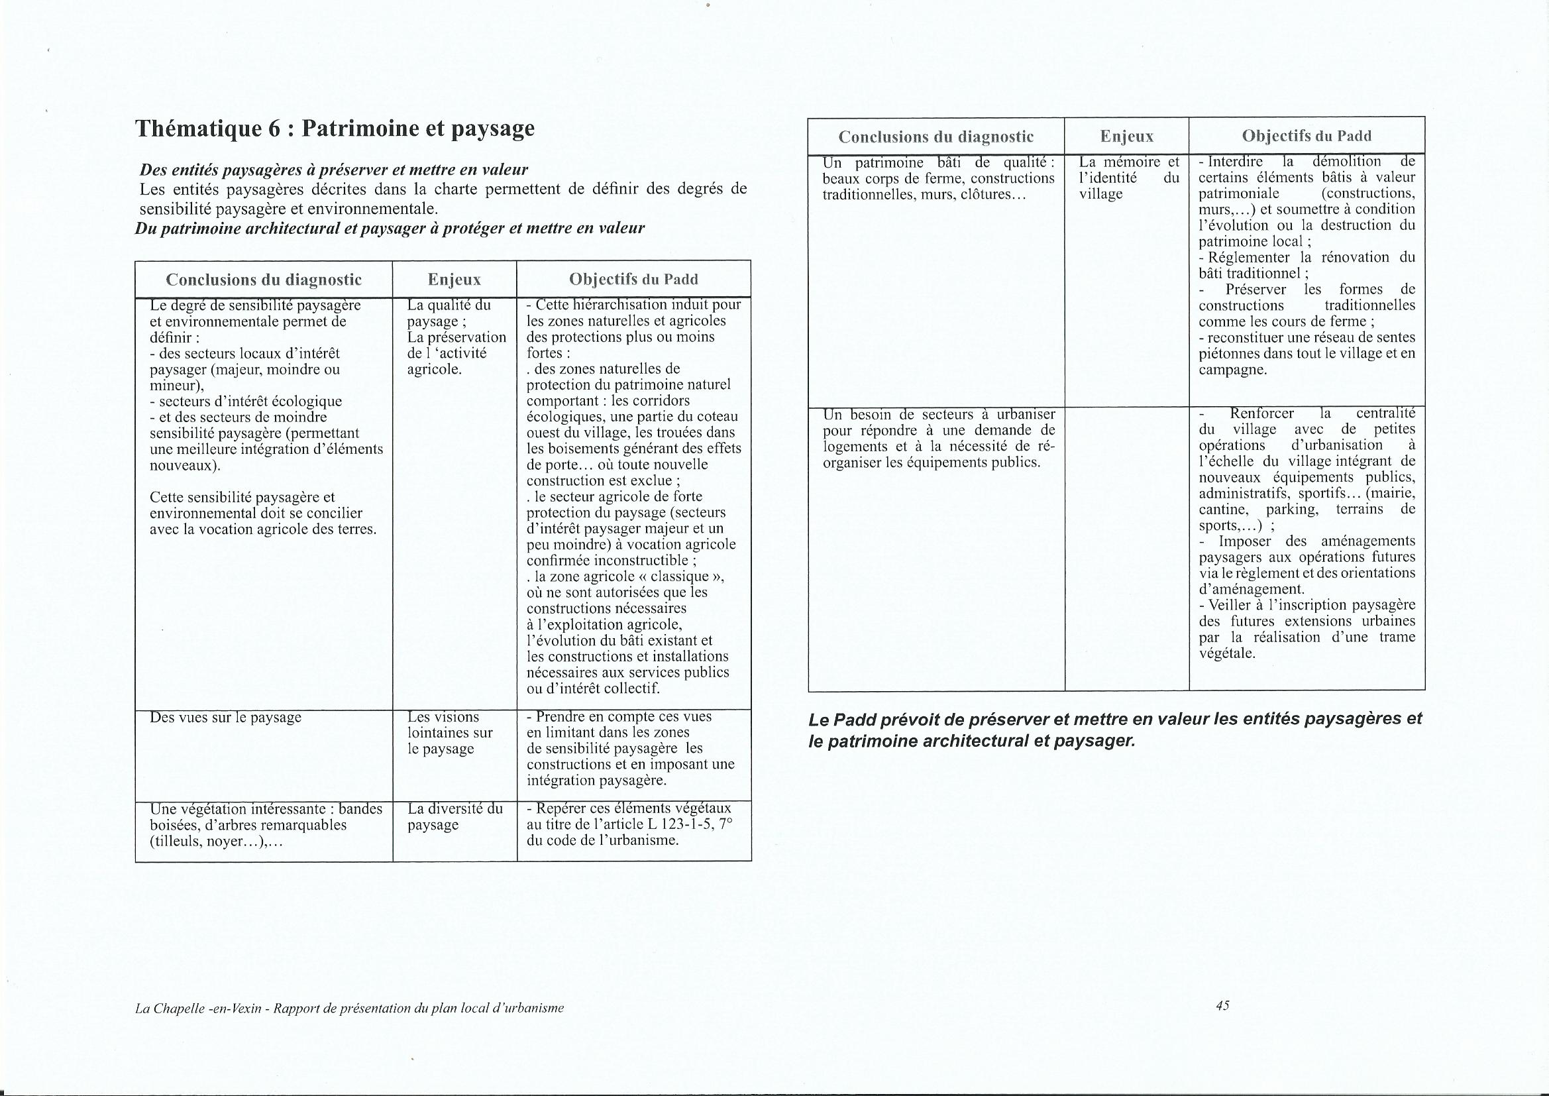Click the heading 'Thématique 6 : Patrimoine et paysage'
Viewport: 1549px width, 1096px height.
pyautogui.click(x=335, y=129)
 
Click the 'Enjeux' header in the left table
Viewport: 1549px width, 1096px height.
pyautogui.click(x=454, y=280)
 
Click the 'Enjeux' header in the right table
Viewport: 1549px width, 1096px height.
pyautogui.click(x=1126, y=137)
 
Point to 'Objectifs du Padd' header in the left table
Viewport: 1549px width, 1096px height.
pyautogui.click(x=633, y=280)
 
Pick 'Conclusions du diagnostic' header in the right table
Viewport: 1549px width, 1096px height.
pyautogui.click(x=935, y=137)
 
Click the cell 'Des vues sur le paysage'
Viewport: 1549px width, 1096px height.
pyautogui.click(x=225, y=718)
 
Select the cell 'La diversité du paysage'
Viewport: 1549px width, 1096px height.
pyautogui.click(x=454, y=816)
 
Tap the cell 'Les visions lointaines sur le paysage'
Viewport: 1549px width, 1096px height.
pyautogui.click(x=450, y=732)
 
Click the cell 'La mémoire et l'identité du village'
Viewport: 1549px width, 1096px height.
pyautogui.click(x=1128, y=178)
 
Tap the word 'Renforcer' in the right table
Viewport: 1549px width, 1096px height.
pyautogui.click(x=1261, y=413)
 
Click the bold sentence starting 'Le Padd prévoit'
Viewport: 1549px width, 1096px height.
pyautogui.click(x=1114, y=730)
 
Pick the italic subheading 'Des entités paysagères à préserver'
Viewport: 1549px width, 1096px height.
pyautogui.click(x=333, y=170)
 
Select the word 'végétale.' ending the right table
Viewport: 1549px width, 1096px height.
pyautogui.click(x=1226, y=653)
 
